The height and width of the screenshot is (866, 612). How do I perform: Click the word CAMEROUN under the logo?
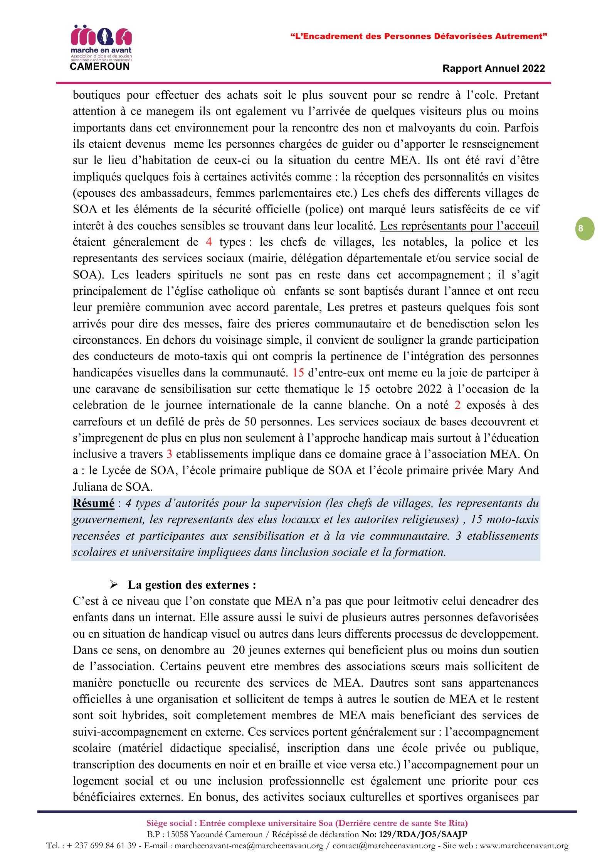point(100,67)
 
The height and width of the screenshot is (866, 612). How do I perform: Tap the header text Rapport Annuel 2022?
point(494,69)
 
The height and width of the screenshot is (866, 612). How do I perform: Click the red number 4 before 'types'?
point(208,242)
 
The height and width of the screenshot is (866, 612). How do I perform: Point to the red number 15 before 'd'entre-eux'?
point(298,373)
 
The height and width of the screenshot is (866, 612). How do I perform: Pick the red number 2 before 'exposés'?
point(457,405)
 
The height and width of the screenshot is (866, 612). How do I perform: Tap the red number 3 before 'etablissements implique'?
point(169,454)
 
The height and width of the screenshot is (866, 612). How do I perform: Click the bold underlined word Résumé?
point(94,503)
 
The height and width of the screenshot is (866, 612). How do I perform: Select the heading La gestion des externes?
point(192,585)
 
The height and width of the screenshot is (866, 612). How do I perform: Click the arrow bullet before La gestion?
point(114,585)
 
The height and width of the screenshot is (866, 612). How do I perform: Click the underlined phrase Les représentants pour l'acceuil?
point(459,226)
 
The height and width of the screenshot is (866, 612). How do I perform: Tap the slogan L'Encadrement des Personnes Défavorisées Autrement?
point(419,36)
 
